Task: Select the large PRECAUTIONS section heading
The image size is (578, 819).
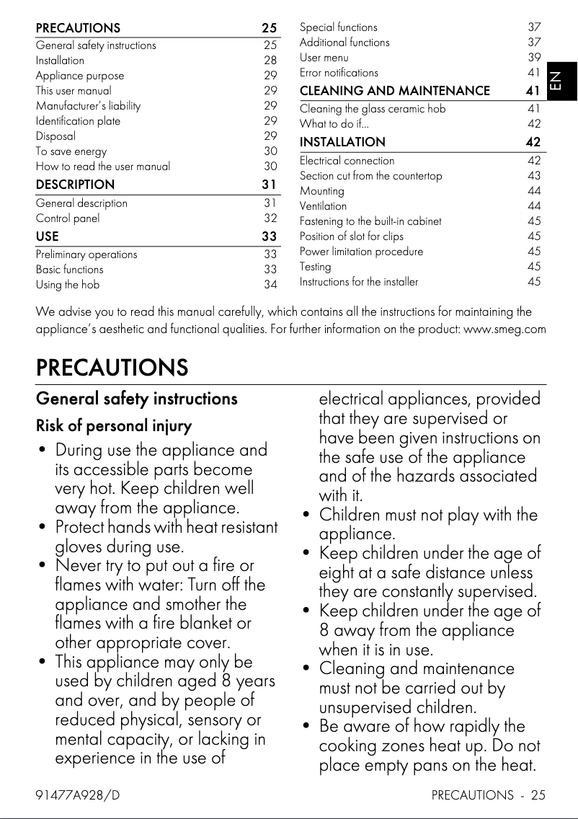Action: pyautogui.click(x=112, y=368)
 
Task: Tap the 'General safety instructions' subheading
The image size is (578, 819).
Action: pyautogui.click(x=136, y=399)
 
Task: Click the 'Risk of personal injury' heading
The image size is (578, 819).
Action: pyautogui.click(x=114, y=426)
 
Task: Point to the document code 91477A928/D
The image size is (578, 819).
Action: pyautogui.click(x=78, y=795)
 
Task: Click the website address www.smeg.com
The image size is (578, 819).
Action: pyautogui.click(x=504, y=329)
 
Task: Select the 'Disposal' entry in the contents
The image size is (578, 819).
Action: pyautogui.click(x=55, y=136)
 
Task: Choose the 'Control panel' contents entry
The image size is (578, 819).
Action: pyautogui.click(x=68, y=218)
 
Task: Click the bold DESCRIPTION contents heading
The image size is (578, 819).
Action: pyautogui.click(x=75, y=185)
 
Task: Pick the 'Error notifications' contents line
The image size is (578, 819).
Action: pyautogui.click(x=339, y=72)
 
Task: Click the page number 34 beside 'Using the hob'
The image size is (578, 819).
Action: pyautogui.click(x=270, y=285)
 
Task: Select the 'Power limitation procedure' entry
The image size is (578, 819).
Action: pyautogui.click(x=361, y=252)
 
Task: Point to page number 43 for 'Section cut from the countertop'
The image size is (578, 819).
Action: pyautogui.click(x=534, y=176)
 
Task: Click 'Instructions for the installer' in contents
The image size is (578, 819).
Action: pyautogui.click(x=358, y=282)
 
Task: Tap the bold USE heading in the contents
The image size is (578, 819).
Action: pyautogui.click(x=48, y=236)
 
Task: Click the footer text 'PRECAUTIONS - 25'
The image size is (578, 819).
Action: pyautogui.click(x=488, y=795)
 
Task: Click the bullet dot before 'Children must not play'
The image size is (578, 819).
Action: pyautogui.click(x=308, y=516)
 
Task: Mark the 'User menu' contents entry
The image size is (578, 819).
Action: pyautogui.click(x=324, y=57)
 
